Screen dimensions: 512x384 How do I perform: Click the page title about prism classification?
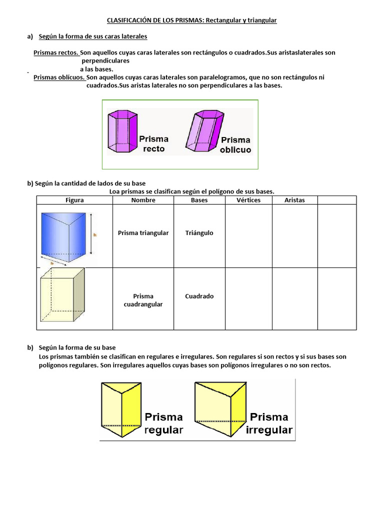[x=191, y=20]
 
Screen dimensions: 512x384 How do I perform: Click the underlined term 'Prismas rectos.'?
[x=55, y=52]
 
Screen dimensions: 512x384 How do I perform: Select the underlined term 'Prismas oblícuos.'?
[x=59, y=77]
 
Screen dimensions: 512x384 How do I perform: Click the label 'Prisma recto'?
[x=153, y=143]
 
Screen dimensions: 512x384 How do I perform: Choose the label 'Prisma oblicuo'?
[x=235, y=145]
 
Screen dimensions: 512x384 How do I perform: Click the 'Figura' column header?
[x=74, y=200]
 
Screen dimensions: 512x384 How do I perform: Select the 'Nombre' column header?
[x=143, y=200]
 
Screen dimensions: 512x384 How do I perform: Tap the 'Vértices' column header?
[x=248, y=200]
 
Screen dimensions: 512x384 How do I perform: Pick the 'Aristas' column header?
[x=294, y=200]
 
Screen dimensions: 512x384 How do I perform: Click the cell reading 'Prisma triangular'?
[x=143, y=233]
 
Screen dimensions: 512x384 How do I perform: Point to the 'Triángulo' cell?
[x=199, y=233]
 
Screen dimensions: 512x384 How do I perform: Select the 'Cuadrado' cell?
[x=199, y=296]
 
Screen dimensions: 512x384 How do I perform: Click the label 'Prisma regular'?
[x=163, y=423]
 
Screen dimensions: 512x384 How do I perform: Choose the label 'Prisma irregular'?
[x=269, y=423]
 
